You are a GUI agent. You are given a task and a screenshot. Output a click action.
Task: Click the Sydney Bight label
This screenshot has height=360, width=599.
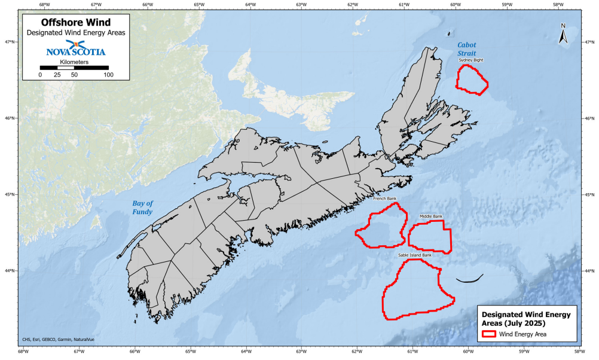tap(471, 60)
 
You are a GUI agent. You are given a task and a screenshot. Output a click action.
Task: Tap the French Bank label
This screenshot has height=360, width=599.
tap(384, 199)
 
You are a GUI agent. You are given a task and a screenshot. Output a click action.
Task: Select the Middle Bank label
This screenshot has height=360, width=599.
tap(431, 216)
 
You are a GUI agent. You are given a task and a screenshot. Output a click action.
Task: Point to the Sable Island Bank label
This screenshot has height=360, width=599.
tap(415, 255)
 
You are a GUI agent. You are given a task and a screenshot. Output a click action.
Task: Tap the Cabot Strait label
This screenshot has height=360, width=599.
tap(467, 49)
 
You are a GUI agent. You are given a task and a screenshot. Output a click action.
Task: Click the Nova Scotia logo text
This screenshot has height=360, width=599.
tap(75, 51)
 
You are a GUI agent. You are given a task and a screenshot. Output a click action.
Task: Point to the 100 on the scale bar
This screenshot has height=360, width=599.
tap(108, 75)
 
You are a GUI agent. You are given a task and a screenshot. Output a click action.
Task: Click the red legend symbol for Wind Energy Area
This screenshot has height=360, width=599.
tap(491, 334)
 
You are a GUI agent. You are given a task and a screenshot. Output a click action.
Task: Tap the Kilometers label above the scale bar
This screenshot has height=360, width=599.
tap(75, 62)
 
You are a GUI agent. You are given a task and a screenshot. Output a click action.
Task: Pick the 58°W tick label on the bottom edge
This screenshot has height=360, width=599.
tap(579, 351)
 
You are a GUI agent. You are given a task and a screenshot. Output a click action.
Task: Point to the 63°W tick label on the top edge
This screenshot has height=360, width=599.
tap(301, 5)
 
